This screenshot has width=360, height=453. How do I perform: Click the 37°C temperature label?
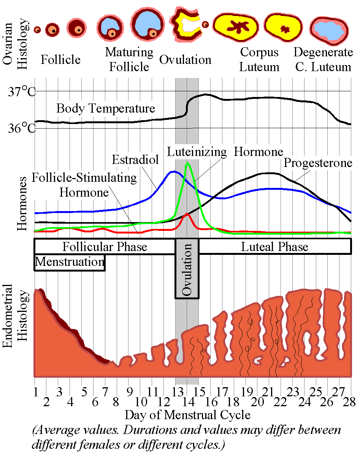pos(21,92)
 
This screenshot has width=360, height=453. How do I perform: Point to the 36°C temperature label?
pos(21,129)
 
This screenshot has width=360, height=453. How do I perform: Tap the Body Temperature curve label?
pos(106,108)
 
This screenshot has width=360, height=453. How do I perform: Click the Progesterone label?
pos(318,164)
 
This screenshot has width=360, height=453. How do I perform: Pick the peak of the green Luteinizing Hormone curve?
pos(187,164)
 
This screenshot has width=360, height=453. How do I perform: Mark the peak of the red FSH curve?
pos(187,215)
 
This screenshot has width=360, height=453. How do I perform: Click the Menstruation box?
pos(70,262)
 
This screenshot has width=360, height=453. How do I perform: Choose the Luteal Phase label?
pos(274,247)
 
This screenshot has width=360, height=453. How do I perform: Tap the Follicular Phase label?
pos(105,247)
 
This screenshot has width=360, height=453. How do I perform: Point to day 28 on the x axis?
pos(349,402)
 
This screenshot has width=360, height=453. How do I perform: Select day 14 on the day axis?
pos(186,402)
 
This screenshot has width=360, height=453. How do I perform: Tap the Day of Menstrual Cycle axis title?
pos(187,415)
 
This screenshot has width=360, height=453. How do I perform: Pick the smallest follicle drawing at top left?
pos(37,29)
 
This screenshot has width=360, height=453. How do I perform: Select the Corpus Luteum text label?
pos(260,60)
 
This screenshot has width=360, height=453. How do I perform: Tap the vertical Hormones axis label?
pos(22,203)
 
